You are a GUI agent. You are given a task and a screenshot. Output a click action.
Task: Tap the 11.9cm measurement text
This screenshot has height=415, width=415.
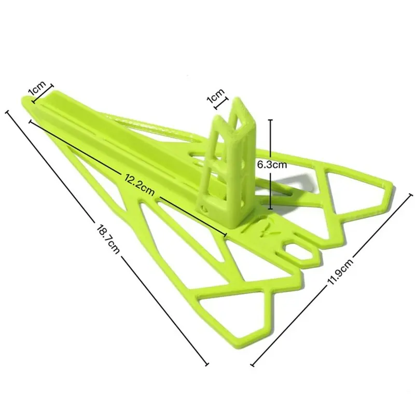[x=340, y=271]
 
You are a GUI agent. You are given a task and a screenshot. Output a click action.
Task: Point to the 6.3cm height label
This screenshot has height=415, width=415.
[x=272, y=164]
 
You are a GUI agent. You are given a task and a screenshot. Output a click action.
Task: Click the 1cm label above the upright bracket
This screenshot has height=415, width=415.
[x=216, y=96]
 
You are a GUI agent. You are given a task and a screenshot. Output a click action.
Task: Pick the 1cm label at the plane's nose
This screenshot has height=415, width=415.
[x=37, y=88]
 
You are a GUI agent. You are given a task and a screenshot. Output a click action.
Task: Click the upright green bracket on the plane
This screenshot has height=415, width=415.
[x=228, y=162]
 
